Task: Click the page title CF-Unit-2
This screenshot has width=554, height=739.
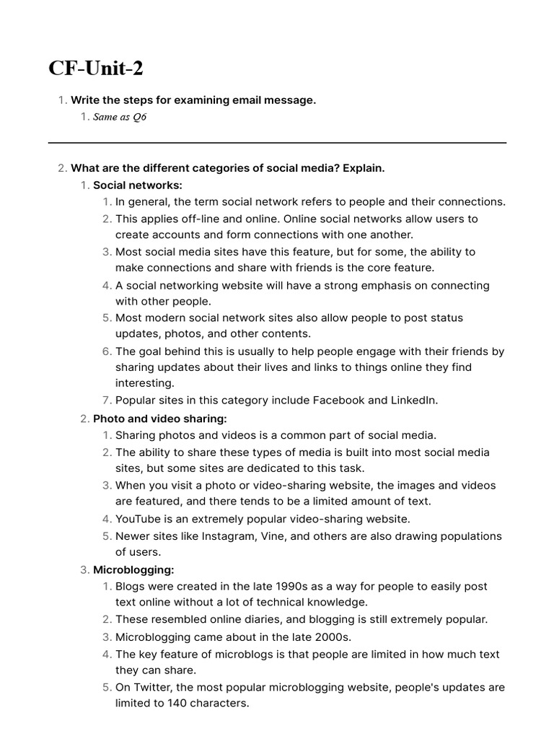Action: (95, 69)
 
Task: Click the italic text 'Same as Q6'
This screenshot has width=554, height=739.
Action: (120, 118)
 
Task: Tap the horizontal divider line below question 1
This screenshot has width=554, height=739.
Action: (277, 143)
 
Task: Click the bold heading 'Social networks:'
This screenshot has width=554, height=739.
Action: (138, 185)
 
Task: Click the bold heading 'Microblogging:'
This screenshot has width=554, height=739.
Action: (133, 570)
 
